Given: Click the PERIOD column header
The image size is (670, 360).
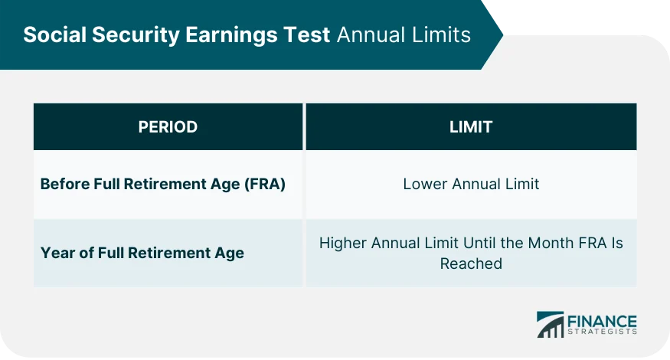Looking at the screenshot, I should click(168, 127).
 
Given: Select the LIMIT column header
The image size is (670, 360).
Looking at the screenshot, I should click(471, 127).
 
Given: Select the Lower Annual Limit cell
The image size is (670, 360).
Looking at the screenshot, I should click(471, 184).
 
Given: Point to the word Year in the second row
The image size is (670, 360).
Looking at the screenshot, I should click(57, 253).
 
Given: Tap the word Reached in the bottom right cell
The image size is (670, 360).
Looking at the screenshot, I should click(471, 263).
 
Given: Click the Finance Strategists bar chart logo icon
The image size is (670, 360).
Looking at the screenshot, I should click(550, 324).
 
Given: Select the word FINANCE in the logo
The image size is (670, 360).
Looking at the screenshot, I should click(602, 319).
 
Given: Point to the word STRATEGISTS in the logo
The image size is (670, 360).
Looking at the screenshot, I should click(602, 332).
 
